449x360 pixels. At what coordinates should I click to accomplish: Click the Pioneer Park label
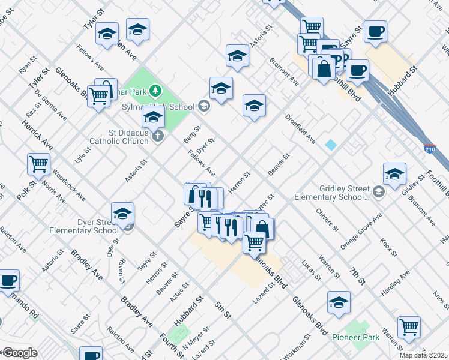[356, 338]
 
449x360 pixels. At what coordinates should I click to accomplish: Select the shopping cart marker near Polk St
[38, 163]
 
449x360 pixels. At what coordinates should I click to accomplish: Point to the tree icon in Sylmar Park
[156, 91]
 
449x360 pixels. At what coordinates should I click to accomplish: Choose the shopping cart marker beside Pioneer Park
[409, 326]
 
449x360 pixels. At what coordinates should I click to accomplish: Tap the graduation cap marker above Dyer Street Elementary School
[122, 214]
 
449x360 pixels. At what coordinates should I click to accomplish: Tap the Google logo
[20, 353]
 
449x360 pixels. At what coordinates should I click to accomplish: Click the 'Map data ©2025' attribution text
[424, 355]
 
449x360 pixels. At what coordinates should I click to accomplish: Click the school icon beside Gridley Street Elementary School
[378, 192]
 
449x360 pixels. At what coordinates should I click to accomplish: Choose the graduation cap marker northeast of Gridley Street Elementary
[394, 175]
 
